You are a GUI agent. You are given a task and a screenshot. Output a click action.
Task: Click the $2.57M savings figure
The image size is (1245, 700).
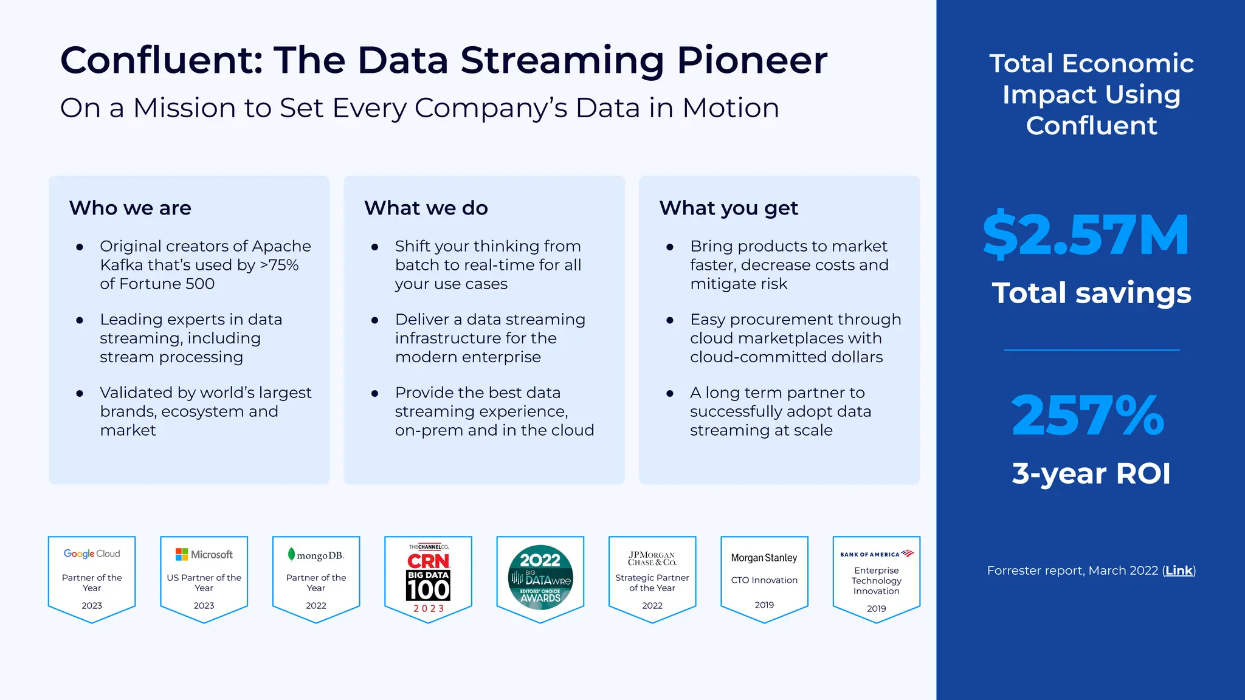point(1086,235)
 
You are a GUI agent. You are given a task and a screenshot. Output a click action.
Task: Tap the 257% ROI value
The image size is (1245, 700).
point(1088,416)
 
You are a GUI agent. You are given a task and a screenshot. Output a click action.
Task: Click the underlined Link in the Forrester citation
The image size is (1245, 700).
point(1179,571)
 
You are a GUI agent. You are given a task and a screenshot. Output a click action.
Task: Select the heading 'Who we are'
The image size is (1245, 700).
point(130,208)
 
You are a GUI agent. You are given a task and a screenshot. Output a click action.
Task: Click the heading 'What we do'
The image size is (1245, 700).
point(426,208)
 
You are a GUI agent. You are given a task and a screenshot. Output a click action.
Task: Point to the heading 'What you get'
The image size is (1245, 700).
point(728,208)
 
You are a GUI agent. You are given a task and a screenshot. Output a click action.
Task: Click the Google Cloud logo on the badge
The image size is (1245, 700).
point(92,554)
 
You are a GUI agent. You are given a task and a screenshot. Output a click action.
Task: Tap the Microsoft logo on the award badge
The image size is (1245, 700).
point(204,554)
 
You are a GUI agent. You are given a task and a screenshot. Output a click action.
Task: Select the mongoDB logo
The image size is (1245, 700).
point(316,555)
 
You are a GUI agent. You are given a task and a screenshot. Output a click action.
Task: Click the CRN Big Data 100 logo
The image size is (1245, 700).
point(428,577)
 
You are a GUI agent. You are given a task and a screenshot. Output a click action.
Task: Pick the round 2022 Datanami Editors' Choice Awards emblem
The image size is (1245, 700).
point(540,577)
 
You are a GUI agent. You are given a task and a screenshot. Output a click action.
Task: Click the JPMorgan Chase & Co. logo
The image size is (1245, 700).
point(652,558)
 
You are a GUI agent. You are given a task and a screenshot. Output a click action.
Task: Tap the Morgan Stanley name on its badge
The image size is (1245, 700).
point(764,558)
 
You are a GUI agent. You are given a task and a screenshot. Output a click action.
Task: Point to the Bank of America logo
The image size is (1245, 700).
point(876,554)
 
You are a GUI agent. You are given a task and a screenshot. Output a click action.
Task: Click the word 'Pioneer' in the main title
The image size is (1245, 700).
point(752,60)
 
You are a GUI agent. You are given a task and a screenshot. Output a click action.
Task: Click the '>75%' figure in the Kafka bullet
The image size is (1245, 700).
point(279,265)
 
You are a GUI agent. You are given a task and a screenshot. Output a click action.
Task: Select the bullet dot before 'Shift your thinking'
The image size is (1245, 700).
point(374,247)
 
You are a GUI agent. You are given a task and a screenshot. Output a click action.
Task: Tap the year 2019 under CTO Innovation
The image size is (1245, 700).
point(764,605)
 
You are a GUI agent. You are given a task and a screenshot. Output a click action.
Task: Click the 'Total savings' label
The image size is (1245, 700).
point(1091,293)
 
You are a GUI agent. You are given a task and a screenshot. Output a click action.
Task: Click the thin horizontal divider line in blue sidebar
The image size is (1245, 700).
point(1091,349)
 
